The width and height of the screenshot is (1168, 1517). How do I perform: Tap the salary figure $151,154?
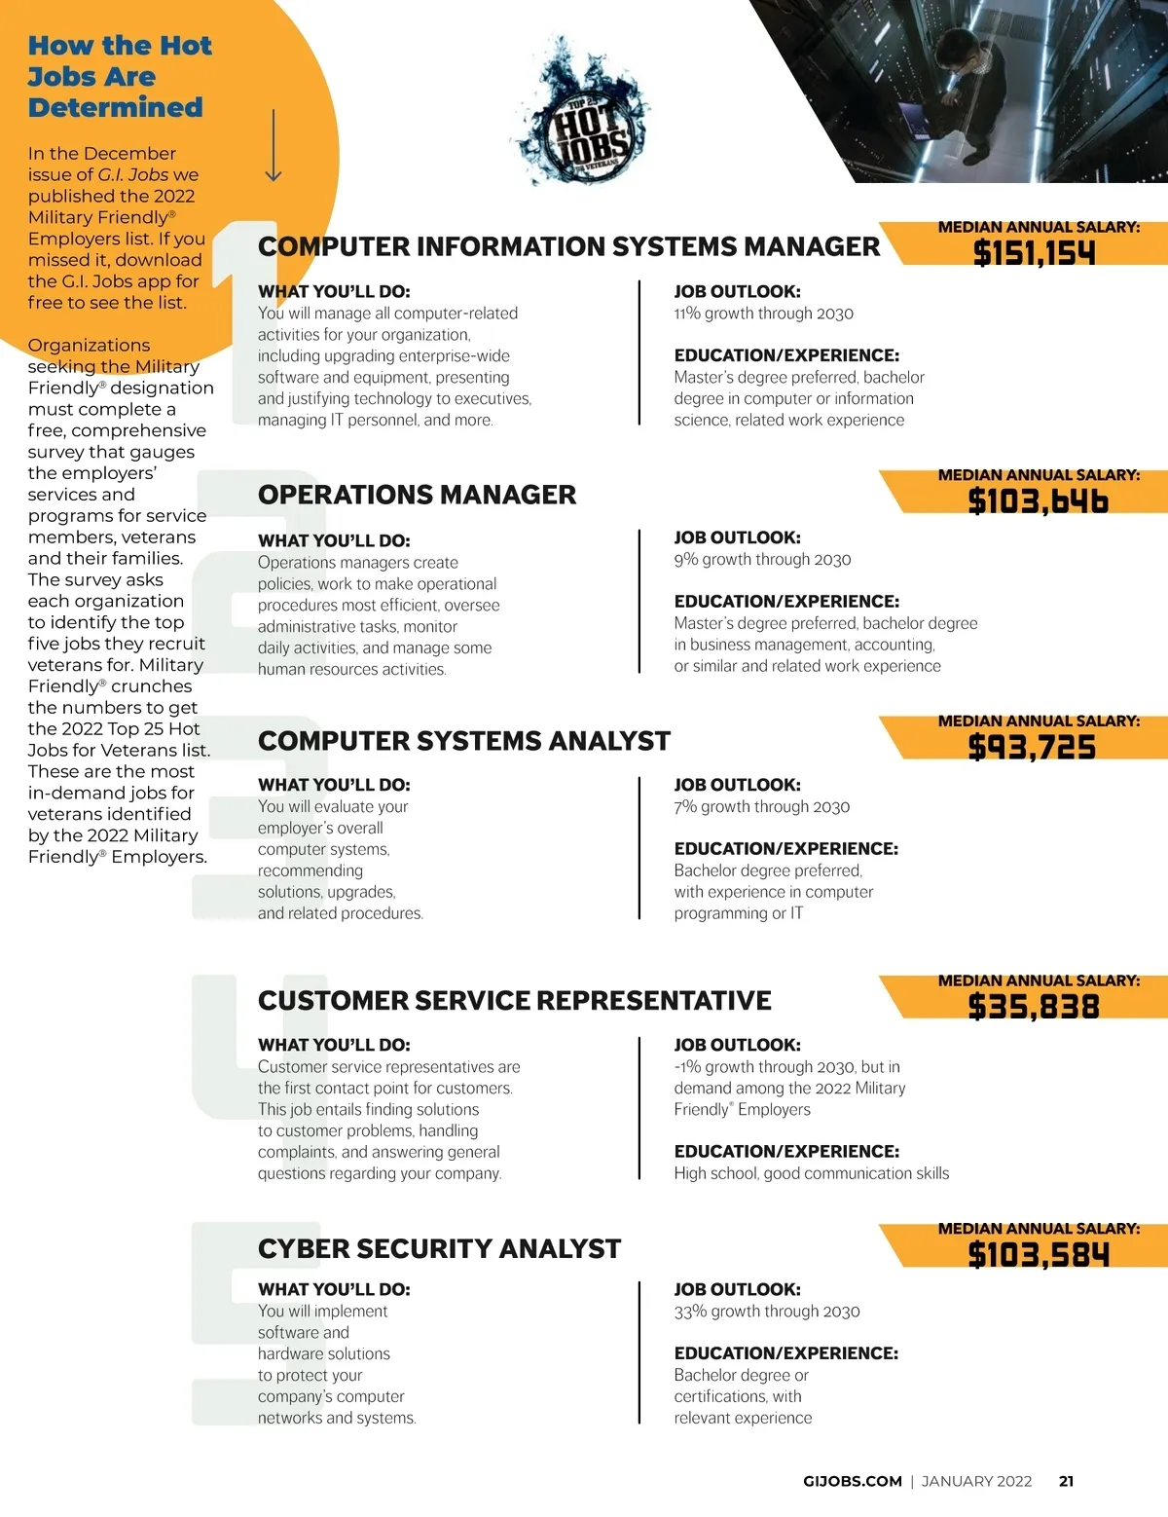(x=1035, y=253)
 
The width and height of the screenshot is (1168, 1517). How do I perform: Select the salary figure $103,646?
(x=1038, y=500)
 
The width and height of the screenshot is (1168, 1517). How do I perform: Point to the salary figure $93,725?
(x=1032, y=747)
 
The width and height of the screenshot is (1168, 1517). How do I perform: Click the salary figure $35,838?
(x=1034, y=1006)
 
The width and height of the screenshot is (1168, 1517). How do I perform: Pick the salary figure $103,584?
(x=1038, y=1254)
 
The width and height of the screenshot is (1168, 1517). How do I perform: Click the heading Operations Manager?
(x=417, y=495)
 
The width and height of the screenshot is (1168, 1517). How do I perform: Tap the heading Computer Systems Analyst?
(x=463, y=741)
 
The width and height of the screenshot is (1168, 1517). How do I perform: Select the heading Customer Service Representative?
(x=514, y=1000)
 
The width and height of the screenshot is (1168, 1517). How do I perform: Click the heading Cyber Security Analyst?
(x=439, y=1248)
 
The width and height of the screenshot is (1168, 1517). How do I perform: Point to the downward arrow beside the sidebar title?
(x=274, y=146)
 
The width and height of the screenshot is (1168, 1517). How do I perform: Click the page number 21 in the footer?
(x=1066, y=1481)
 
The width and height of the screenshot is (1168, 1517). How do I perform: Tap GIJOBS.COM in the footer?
(x=852, y=1481)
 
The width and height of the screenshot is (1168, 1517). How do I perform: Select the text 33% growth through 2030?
(x=766, y=1312)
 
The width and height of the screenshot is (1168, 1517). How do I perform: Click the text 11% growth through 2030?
(x=763, y=314)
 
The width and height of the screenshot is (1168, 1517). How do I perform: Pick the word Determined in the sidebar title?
(x=115, y=107)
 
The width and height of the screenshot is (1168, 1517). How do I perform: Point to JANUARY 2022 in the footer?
(x=976, y=1481)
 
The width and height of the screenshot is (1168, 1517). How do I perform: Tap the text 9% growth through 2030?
(x=762, y=560)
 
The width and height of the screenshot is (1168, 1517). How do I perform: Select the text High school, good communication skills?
(x=811, y=1173)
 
